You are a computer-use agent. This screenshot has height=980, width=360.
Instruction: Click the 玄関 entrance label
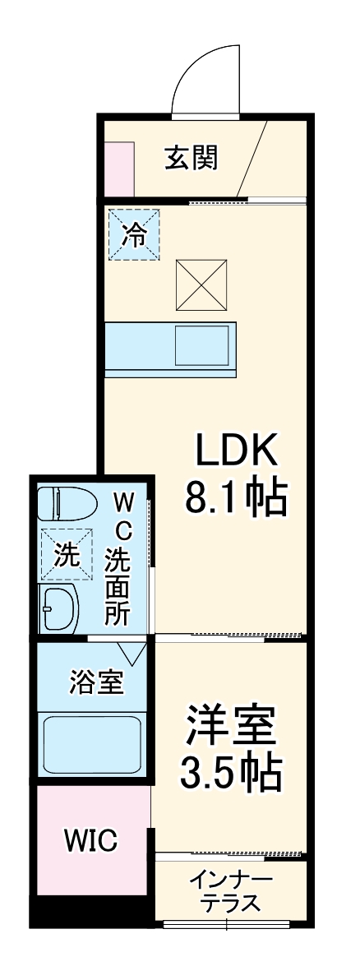coord(191,157)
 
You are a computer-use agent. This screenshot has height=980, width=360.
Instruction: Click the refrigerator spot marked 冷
coord(134,235)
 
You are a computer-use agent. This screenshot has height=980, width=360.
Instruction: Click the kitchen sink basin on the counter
coord(202,345)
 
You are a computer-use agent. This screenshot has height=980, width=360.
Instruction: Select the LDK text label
coord(238,450)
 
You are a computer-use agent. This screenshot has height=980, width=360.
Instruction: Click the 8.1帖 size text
coord(236,497)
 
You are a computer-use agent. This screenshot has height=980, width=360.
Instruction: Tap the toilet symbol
coord(63,501)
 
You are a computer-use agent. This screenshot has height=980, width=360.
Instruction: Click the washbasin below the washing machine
coord(58,608)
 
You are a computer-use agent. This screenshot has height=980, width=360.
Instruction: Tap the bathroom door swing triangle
coord(132,653)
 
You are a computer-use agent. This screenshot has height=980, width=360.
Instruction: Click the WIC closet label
coord(91,840)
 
